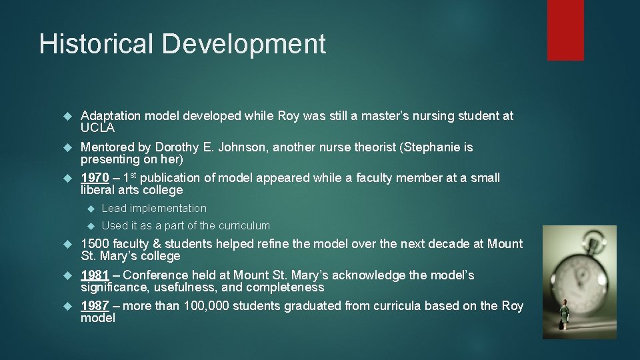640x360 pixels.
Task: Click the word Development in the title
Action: [x=243, y=44]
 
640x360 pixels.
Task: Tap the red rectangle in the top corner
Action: [x=565, y=30]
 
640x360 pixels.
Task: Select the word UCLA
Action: [x=98, y=128]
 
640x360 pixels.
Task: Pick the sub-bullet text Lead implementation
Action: [x=154, y=209]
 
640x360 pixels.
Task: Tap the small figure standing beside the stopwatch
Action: [x=564, y=313]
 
